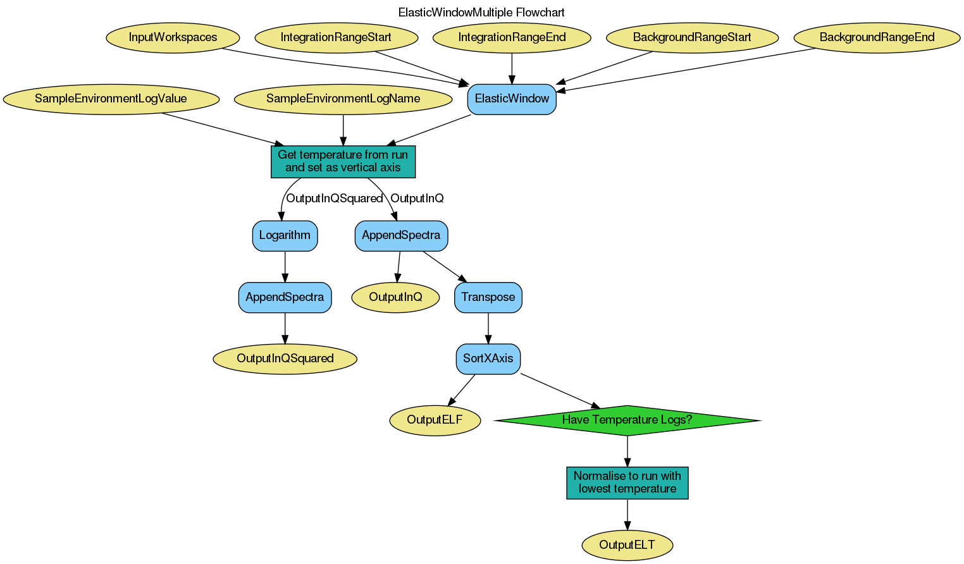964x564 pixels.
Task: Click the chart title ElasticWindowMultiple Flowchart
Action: (x=481, y=13)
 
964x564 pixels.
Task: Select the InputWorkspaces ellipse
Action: (x=173, y=37)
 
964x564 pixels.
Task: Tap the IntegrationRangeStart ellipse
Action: (x=336, y=37)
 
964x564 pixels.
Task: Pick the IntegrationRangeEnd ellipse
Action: (x=512, y=37)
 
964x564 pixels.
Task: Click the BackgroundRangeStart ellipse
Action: (x=692, y=37)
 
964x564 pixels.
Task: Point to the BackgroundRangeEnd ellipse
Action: (x=877, y=37)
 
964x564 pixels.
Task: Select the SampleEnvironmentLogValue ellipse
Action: (x=111, y=99)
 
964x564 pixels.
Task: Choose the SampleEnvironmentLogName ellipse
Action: (x=343, y=99)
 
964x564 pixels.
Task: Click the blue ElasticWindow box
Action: (x=512, y=99)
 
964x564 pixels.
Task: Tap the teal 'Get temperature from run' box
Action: (x=343, y=161)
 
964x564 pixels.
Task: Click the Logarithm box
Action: (x=285, y=235)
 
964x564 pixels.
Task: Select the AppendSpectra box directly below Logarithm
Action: (x=285, y=297)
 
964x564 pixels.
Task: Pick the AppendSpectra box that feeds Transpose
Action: (x=401, y=235)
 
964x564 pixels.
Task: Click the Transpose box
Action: (x=488, y=297)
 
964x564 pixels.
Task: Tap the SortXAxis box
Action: (x=488, y=359)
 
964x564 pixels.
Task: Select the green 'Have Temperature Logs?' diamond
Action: (x=627, y=420)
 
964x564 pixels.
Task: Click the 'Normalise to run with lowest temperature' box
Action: (x=627, y=482)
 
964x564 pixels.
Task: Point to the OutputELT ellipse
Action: (x=627, y=545)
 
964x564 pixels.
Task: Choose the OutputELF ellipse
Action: (x=435, y=420)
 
